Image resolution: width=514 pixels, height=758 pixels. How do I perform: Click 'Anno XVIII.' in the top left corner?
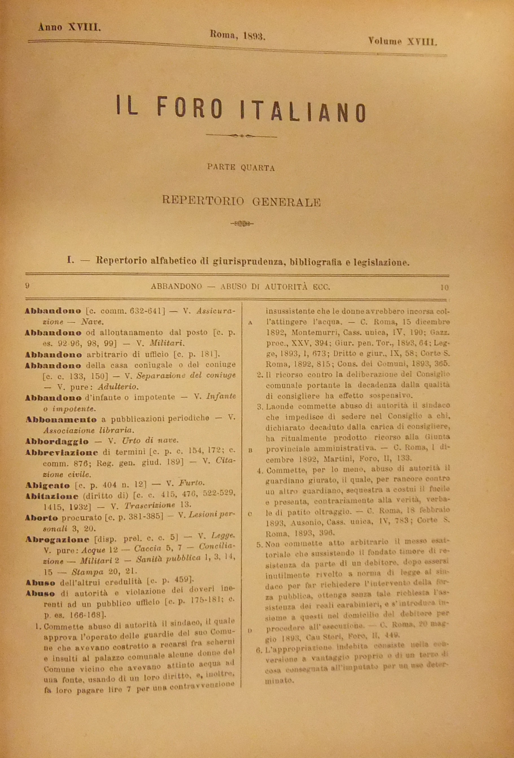(x=69, y=27)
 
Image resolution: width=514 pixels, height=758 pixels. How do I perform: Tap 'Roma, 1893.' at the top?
(x=238, y=34)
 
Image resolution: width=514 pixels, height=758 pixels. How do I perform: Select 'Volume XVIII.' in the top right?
(x=403, y=42)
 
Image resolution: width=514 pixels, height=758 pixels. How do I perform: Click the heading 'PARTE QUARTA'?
(x=241, y=168)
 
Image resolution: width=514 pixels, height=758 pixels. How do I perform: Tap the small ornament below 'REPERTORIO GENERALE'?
(x=242, y=224)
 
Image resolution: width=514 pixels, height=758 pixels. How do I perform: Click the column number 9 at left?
(x=27, y=286)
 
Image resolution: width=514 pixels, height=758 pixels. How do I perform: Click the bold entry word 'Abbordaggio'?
(x=57, y=441)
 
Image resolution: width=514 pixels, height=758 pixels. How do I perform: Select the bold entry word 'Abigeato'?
(x=48, y=485)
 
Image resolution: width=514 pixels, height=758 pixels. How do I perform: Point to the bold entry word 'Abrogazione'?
(x=57, y=539)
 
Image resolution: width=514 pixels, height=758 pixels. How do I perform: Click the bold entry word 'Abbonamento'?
(x=61, y=419)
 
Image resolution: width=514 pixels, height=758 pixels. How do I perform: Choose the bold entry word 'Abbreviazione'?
(x=61, y=452)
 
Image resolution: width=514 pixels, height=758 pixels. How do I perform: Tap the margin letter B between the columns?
(x=250, y=450)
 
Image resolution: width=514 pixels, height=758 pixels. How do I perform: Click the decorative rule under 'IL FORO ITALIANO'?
(x=242, y=136)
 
